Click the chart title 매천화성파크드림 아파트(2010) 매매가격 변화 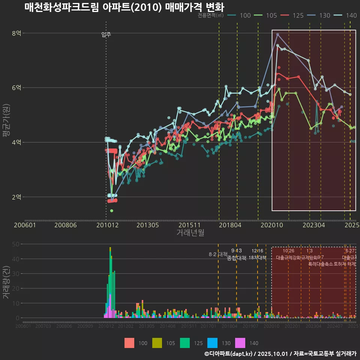124,7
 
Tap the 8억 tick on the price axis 16,33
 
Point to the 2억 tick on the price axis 16,197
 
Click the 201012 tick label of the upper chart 107,225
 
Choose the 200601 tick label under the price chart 25,225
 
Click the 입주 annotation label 106,35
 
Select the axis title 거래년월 190,233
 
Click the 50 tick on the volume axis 16,244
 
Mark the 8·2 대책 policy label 218,254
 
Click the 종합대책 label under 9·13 237,258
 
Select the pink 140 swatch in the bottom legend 240,343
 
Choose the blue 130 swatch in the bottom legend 213,343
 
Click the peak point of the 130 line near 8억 277,34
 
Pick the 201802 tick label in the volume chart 229,326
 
